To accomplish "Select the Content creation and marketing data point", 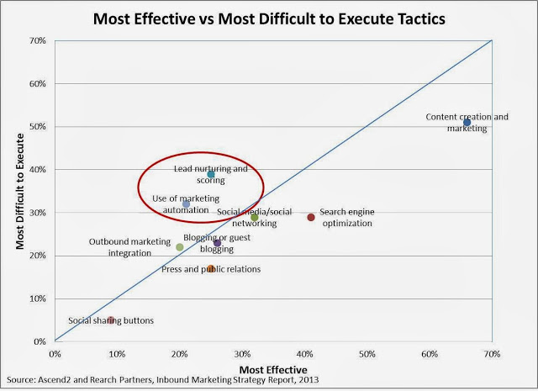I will click(467, 123).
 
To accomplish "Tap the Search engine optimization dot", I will click(311, 217).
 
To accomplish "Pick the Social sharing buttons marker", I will click(111, 320).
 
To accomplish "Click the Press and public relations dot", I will click(211, 269).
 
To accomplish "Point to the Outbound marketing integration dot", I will click(180, 247).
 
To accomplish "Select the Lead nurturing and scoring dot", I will click(211, 174).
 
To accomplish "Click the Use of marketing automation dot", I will click(187, 203).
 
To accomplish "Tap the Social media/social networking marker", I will click(255, 217).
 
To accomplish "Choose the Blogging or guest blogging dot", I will click(218, 243).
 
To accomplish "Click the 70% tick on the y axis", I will click(38, 40).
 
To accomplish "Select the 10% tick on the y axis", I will click(38, 299).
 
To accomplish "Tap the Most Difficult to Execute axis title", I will click(19, 191).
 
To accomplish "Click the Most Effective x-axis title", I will click(273, 370).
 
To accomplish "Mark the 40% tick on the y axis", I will click(38, 170).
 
